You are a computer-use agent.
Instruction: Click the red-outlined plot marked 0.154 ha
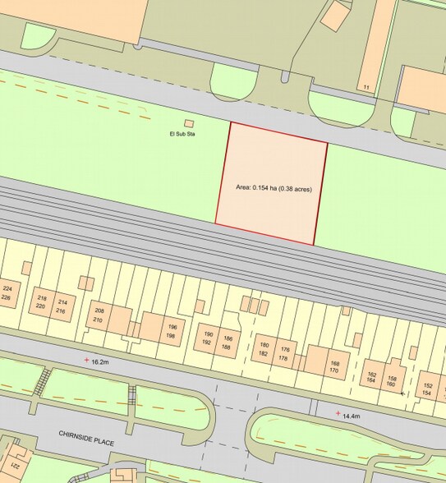[270, 185]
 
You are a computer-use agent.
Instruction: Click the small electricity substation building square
[189, 123]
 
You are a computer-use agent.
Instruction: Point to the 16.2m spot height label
[100, 361]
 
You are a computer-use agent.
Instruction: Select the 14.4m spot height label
[352, 416]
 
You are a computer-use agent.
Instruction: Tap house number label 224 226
[7, 293]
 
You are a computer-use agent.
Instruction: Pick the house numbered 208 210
[99, 315]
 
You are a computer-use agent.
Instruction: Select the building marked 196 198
[171, 332]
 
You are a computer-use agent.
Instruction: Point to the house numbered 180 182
[264, 349]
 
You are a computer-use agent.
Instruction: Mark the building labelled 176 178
[284, 354]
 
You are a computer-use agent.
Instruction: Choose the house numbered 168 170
[334, 367]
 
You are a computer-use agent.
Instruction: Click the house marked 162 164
[373, 377]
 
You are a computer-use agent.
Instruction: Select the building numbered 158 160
[391, 381]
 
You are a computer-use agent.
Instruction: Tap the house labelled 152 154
[427, 389]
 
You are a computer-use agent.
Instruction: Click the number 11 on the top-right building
[366, 86]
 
